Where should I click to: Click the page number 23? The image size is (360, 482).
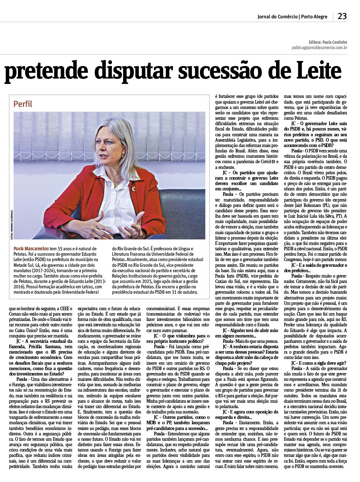point(342,16)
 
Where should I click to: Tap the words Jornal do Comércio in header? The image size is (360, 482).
point(277,17)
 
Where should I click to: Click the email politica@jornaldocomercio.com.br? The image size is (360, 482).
point(319,47)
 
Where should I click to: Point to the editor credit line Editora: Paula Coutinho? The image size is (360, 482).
point(328,42)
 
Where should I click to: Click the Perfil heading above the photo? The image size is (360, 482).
point(23,104)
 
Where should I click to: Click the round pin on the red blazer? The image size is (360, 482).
point(134,189)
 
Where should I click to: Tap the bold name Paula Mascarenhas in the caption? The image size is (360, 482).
point(31,249)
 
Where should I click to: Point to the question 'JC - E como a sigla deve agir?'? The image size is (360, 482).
point(314,363)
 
